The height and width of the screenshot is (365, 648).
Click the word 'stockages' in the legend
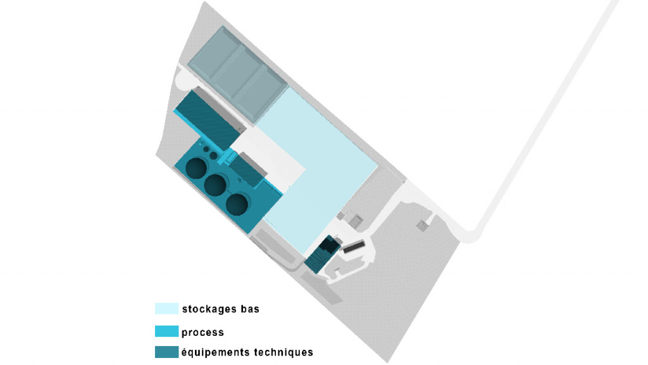click(x=209, y=309)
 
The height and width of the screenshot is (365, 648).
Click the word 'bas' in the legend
click(x=250, y=309)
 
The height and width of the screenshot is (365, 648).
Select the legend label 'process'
click(x=202, y=332)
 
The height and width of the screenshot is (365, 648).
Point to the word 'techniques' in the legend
click(x=283, y=352)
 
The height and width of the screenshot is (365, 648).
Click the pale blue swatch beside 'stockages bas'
click(x=166, y=309)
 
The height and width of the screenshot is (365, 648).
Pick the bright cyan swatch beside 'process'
click(x=166, y=331)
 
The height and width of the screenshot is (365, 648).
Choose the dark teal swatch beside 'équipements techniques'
click(x=166, y=352)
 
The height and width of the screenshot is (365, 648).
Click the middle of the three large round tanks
click(x=216, y=185)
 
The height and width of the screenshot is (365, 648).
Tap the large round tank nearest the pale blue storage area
click(x=237, y=204)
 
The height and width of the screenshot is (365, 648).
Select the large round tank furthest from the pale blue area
click(x=196, y=168)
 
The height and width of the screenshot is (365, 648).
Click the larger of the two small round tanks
click(x=213, y=156)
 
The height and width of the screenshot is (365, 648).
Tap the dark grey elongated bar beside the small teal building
click(x=354, y=247)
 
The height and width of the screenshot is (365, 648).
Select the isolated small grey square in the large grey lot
click(x=421, y=226)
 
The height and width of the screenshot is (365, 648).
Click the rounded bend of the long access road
click(x=471, y=235)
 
